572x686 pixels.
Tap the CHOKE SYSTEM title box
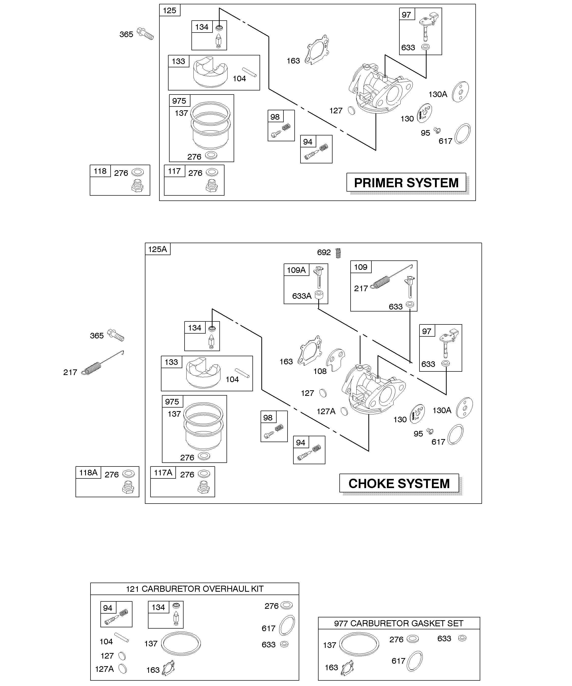[399, 484]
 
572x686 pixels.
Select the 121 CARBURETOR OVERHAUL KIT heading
[194, 589]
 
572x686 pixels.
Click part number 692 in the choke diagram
[324, 253]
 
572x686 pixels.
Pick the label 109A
[296, 270]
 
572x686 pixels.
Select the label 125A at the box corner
[158, 250]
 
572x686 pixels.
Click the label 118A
[88, 473]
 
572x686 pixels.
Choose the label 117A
[163, 473]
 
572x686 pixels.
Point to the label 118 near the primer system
[100, 171]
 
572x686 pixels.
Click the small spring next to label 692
[338, 253]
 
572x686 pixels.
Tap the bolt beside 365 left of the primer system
[145, 34]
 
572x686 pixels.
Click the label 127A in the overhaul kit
[104, 669]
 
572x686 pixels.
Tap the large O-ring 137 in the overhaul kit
[181, 644]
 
